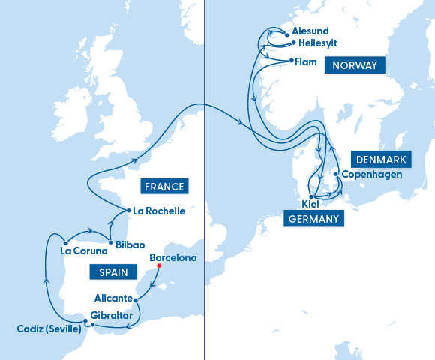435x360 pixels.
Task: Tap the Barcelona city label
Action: (x=173, y=258)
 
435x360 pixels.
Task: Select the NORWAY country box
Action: (x=355, y=65)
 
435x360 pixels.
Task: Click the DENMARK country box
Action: (x=381, y=160)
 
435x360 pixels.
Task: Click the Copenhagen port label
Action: (x=372, y=175)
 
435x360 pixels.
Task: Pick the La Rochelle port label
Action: (x=158, y=211)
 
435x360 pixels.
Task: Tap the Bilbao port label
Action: (x=130, y=244)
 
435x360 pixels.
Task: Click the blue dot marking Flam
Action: (x=291, y=61)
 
